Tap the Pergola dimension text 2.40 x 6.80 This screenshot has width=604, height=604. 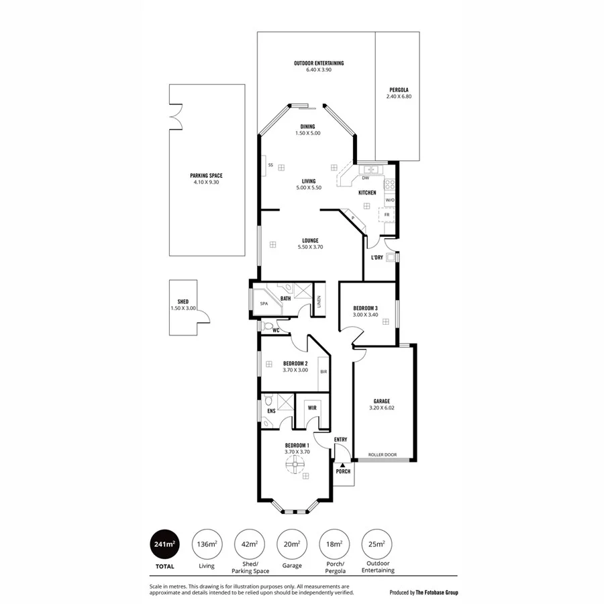coord(397,97)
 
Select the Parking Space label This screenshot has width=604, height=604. coord(207,175)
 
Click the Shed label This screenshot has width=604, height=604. coord(183,302)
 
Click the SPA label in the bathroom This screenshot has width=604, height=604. coord(264,304)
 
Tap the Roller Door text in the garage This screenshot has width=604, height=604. coord(384,454)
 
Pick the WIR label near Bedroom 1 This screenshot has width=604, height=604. coord(312,407)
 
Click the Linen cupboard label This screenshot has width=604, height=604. coord(319,303)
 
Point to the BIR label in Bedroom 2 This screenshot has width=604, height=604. coord(323,371)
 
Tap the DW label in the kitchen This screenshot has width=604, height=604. coord(365,178)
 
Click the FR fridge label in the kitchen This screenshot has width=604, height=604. coord(387,214)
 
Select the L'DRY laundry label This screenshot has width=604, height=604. coord(376,257)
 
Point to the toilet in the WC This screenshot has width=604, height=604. coord(270,327)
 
